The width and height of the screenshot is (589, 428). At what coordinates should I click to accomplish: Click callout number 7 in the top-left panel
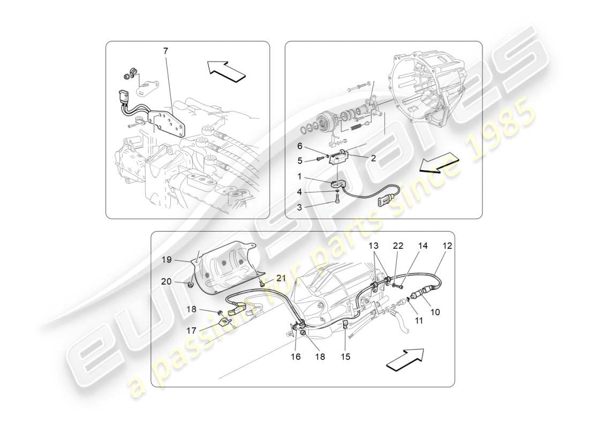click(x=165, y=51)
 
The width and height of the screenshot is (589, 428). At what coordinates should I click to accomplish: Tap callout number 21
click(x=282, y=278)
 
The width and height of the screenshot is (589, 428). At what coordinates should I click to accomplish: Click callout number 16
click(x=296, y=356)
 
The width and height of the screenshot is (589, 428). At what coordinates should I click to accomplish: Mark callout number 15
click(x=345, y=356)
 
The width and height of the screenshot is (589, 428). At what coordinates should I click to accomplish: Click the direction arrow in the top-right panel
click(x=438, y=163)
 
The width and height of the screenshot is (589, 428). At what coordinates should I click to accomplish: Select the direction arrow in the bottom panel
click(x=405, y=360)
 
